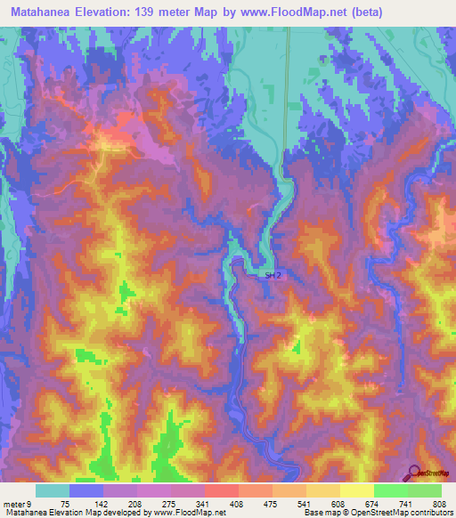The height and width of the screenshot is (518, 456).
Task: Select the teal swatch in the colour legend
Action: [x=53, y=491]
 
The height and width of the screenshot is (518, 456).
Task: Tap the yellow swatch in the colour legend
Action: [x=356, y=491]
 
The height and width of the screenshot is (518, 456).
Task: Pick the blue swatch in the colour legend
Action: [x=86, y=491]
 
